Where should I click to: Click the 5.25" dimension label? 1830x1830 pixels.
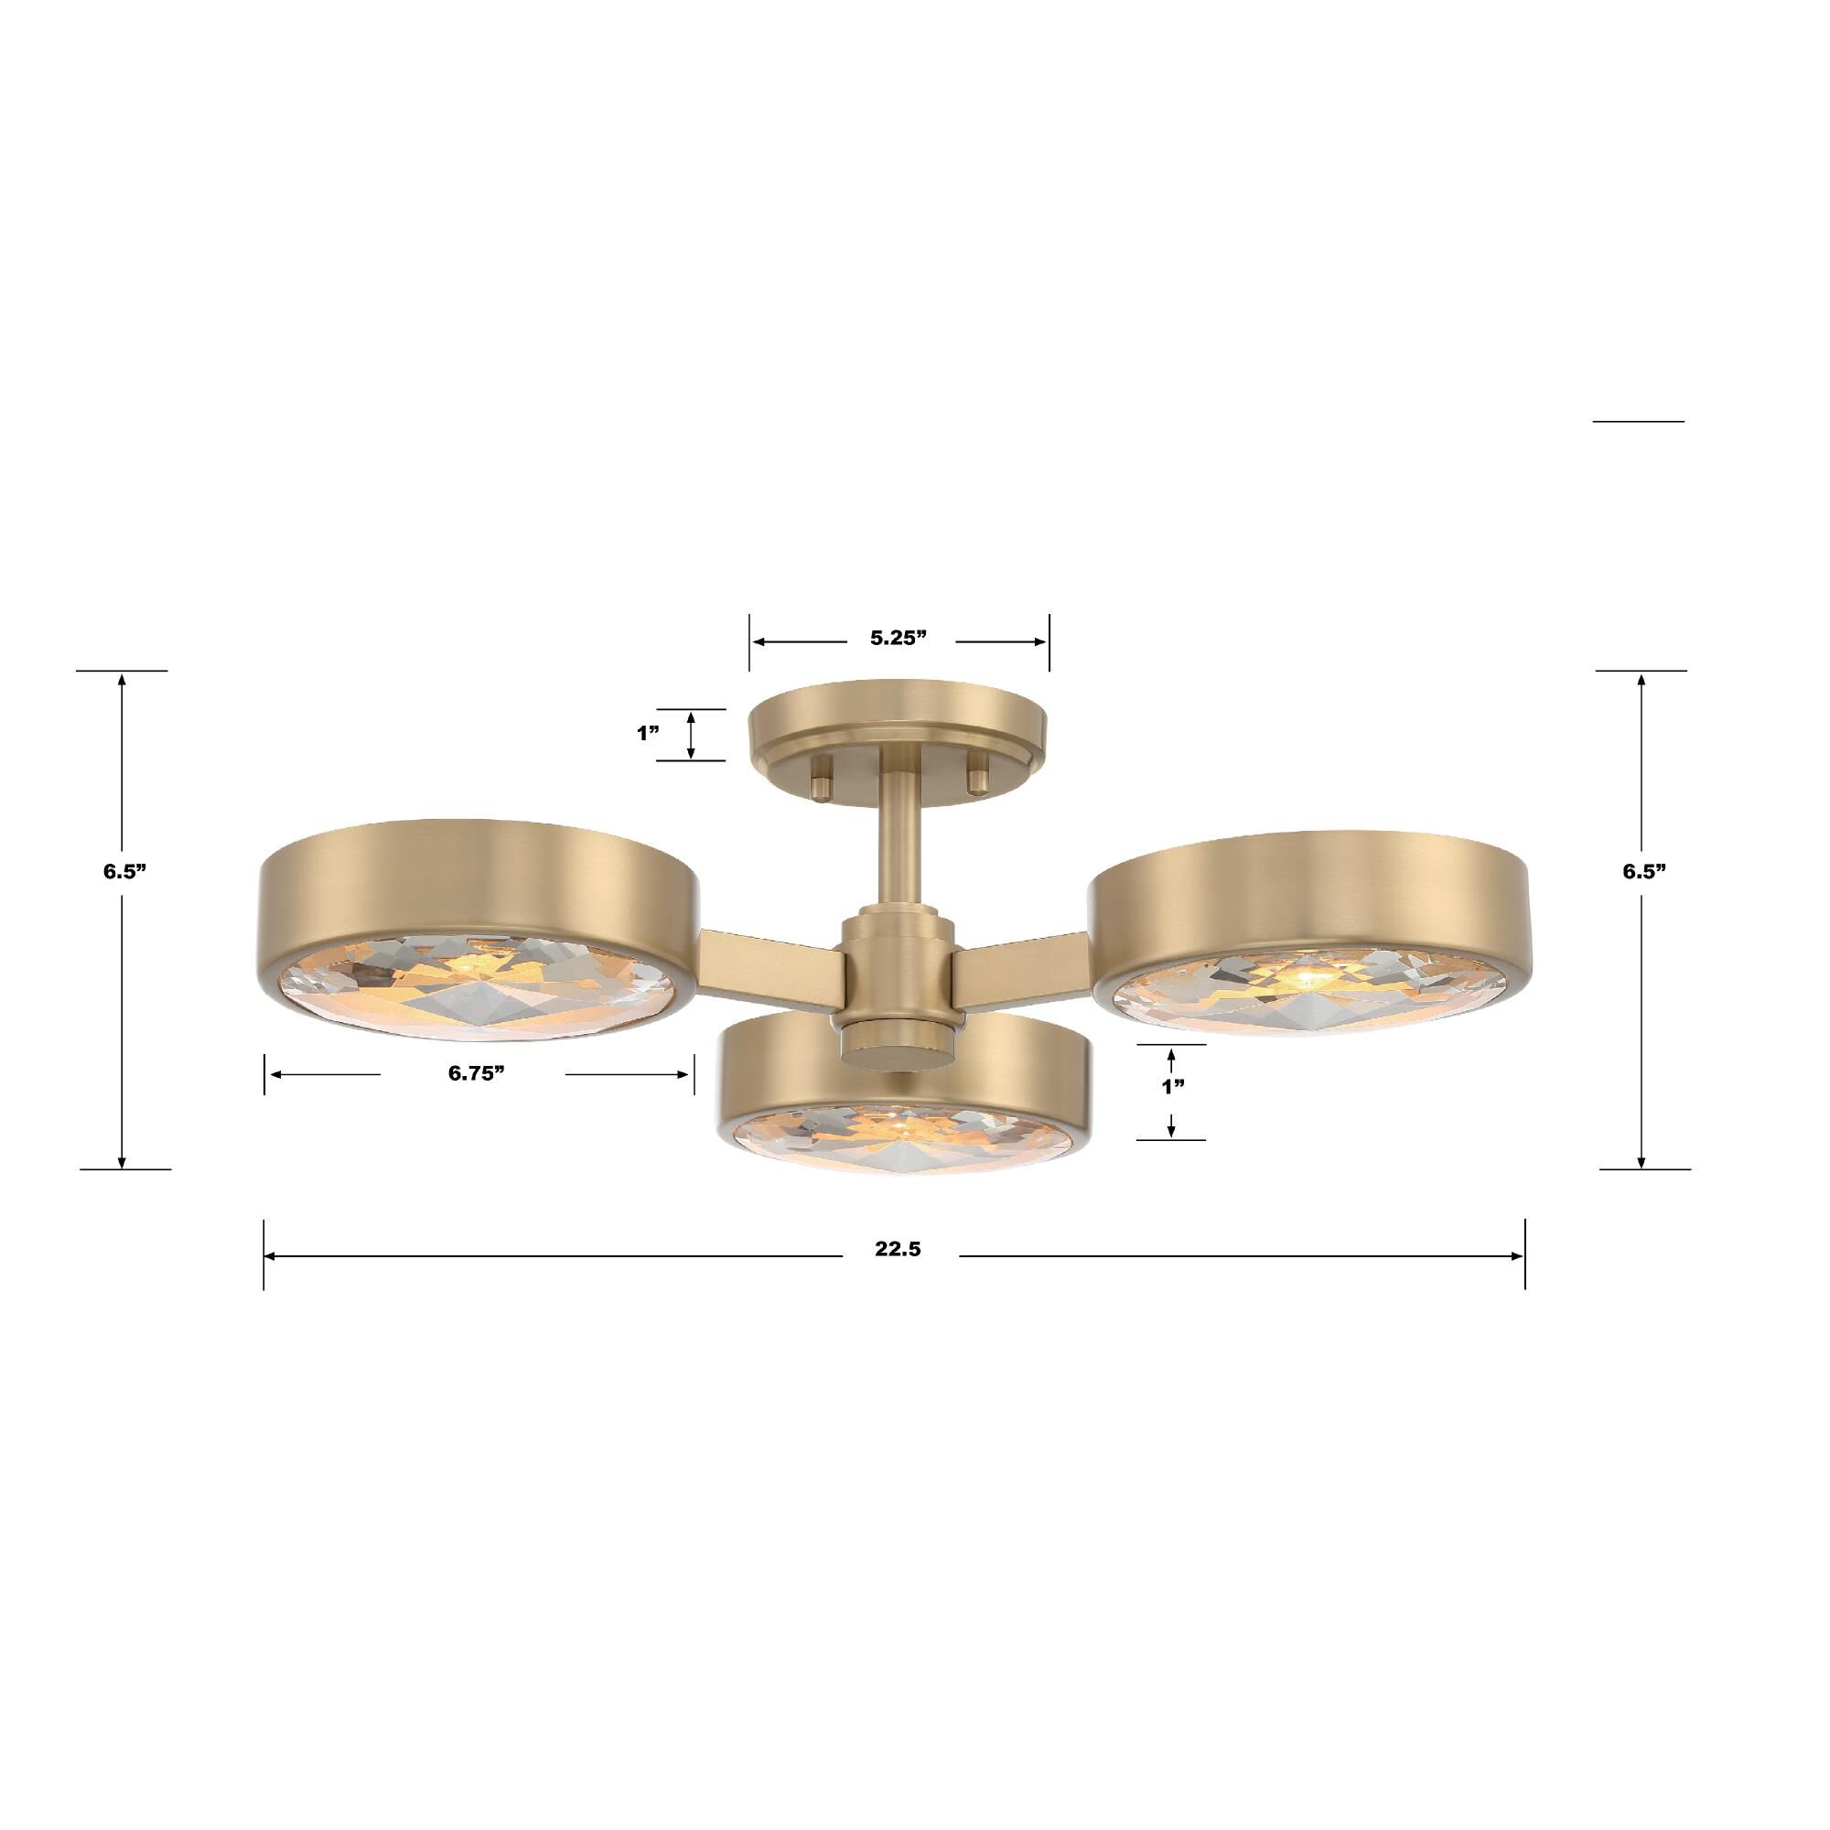point(898,639)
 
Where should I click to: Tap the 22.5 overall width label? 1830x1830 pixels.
point(898,1249)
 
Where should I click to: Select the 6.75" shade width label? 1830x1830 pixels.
point(476,1073)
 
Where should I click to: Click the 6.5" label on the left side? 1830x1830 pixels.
point(125,872)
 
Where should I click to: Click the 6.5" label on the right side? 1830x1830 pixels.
point(1643,872)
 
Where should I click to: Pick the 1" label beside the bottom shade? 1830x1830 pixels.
point(1174,1086)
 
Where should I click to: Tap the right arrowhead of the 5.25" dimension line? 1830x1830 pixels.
point(1041,641)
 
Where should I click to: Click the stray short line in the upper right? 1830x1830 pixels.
point(1638,421)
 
